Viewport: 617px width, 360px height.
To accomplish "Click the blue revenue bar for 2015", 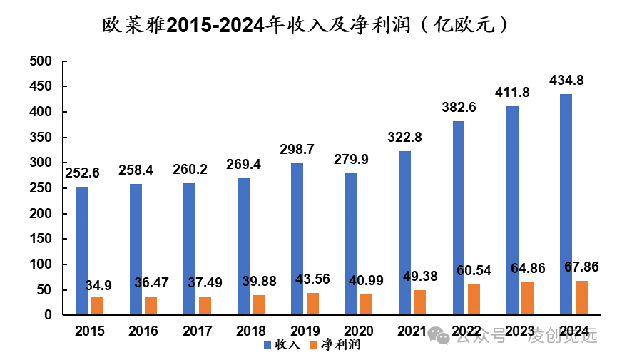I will point(82,250).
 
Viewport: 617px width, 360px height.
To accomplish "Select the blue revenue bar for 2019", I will point(297,239).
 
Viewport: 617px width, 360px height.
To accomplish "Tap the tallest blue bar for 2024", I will point(566,204).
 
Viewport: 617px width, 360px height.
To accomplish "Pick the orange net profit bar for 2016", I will point(151,305).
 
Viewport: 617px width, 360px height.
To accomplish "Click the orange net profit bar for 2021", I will point(420,302).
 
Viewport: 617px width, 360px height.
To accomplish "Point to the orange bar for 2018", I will point(258,304).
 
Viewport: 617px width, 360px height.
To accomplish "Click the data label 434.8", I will point(566,81).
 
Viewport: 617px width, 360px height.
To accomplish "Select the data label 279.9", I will point(351,159).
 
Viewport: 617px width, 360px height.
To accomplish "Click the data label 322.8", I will point(404,137).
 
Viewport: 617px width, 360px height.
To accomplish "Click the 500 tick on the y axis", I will point(43,62).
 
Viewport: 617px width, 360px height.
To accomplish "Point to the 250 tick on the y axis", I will point(43,188).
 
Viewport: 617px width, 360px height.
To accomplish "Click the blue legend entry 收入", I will point(283,345).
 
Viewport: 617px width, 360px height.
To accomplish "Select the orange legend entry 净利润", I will point(335,345).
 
